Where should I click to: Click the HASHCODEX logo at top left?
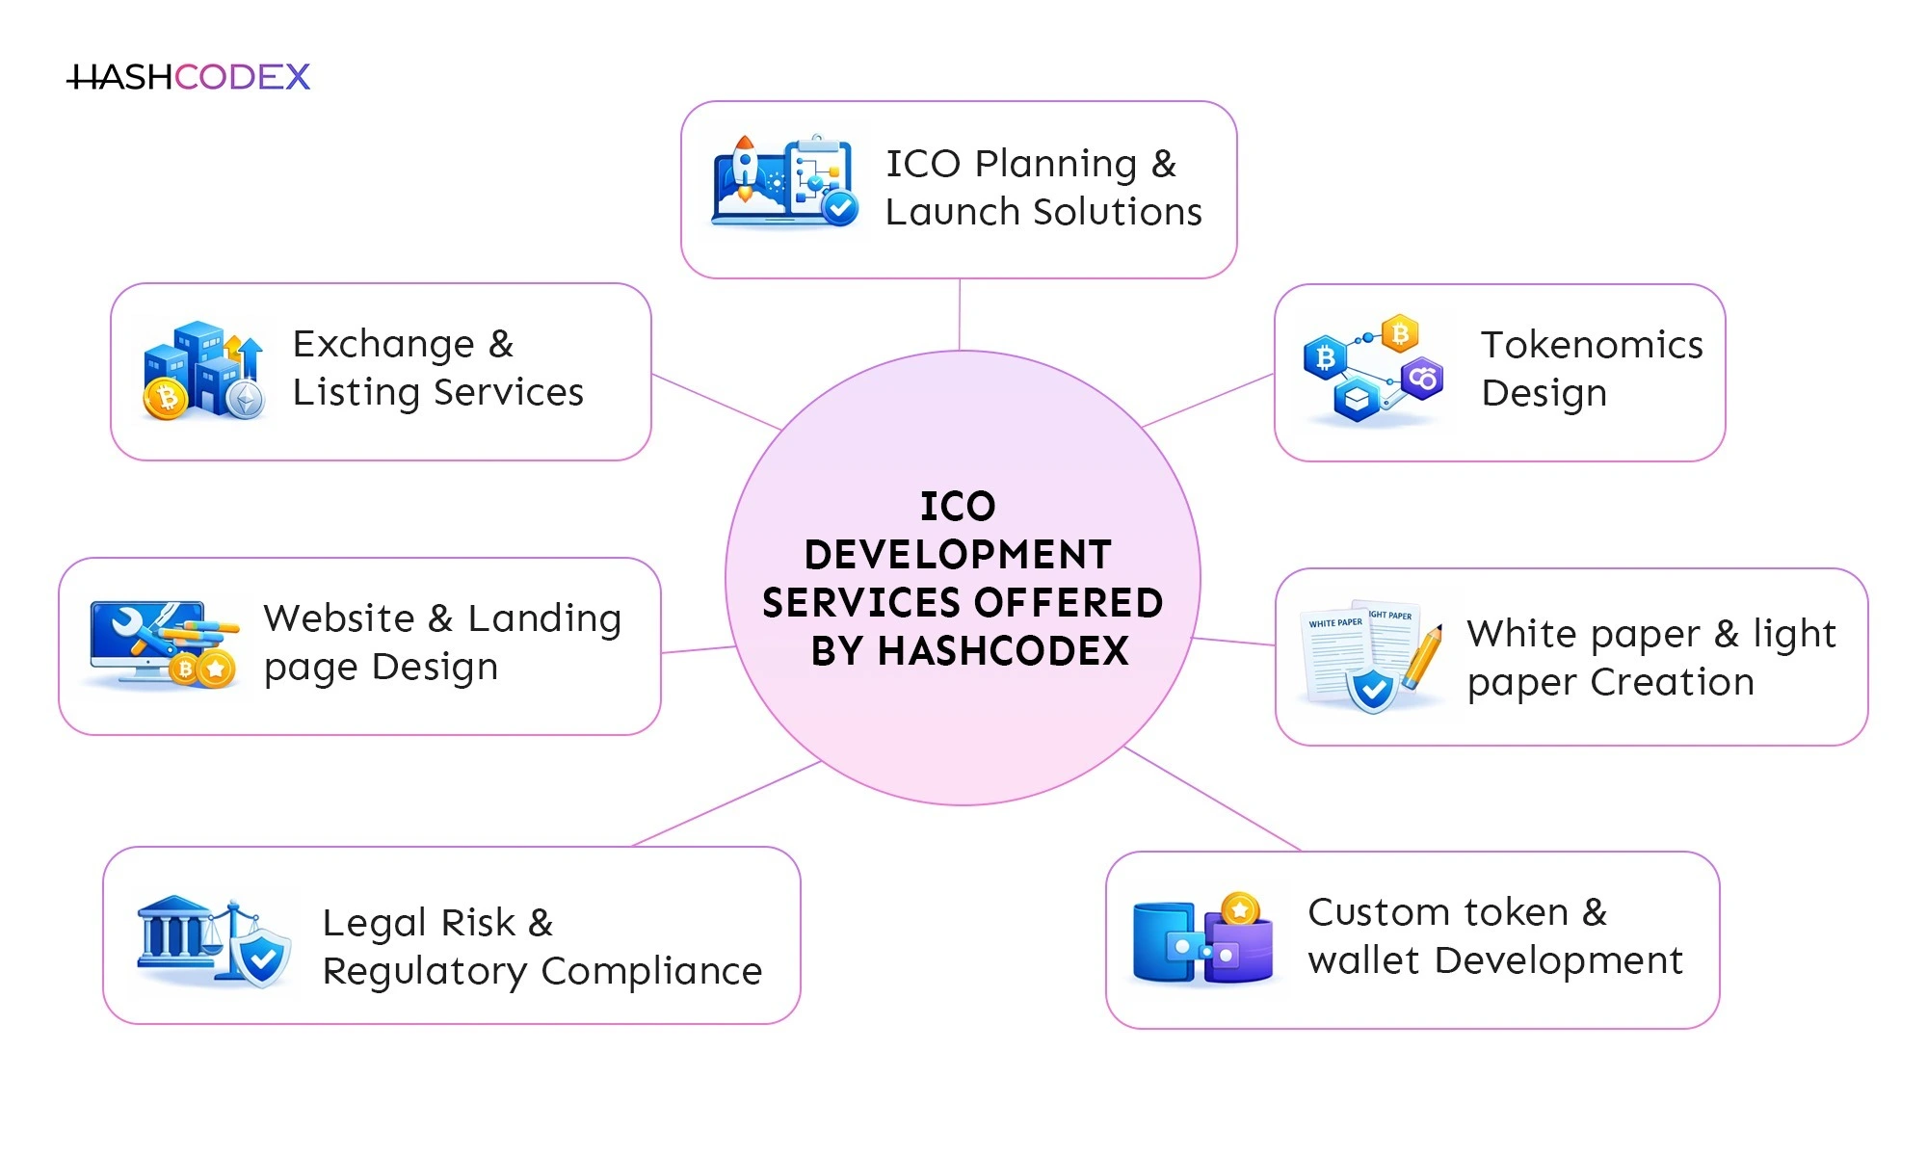tap(189, 77)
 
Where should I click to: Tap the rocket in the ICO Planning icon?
tap(744, 169)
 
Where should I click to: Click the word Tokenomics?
tap(1592, 345)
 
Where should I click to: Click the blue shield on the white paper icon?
tap(1372, 690)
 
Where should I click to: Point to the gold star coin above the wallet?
tap(1240, 908)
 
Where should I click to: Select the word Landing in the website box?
tap(544, 618)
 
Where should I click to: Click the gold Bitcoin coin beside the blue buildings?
tap(166, 398)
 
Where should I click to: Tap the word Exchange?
tap(383, 344)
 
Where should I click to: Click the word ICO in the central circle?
tap(958, 507)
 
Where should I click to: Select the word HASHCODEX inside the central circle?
tap(1003, 651)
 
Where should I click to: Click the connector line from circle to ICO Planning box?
tap(960, 314)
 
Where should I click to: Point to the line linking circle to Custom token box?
tap(1211, 798)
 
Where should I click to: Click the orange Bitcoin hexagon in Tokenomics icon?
tap(1400, 334)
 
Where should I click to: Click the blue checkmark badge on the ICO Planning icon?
tap(839, 207)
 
